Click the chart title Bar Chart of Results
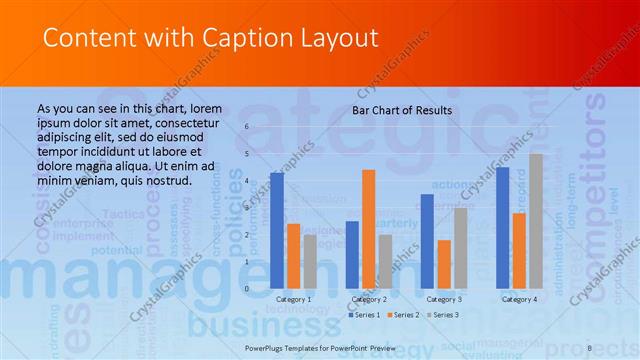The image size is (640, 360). (401, 110)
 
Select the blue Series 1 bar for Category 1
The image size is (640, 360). (277, 230)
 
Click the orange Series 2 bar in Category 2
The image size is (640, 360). (369, 229)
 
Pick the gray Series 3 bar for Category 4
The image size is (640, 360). (536, 221)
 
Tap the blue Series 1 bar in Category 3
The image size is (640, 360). (427, 241)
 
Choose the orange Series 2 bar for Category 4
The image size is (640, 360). (519, 250)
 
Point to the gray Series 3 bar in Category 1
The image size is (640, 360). (310, 261)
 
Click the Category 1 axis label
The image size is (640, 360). (293, 299)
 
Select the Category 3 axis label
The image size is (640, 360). (444, 299)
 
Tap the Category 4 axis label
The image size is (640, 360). (519, 299)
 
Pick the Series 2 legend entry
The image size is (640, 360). (406, 315)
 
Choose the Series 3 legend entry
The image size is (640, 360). (446, 315)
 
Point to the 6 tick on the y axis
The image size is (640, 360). (247, 127)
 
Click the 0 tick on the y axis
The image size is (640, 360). (247, 288)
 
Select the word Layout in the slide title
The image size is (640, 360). (342, 38)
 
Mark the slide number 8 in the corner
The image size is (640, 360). (590, 346)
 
